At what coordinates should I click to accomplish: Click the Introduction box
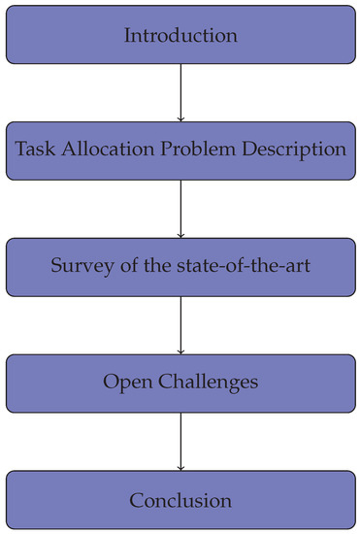point(180,36)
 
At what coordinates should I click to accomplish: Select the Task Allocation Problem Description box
point(180,150)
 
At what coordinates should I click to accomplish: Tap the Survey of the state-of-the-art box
point(180,266)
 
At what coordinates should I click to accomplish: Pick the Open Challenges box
point(180,382)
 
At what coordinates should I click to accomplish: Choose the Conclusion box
point(180,501)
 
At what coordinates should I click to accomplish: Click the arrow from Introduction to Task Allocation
point(180,92)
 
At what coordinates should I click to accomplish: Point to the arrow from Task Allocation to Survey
point(180,208)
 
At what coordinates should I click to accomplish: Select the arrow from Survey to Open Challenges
point(180,323)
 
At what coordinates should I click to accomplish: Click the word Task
point(34,150)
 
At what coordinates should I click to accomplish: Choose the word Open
point(125,383)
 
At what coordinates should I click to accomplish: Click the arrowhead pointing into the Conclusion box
point(180,467)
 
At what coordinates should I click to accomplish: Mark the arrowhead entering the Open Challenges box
point(180,350)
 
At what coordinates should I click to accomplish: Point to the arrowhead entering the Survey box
point(180,234)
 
